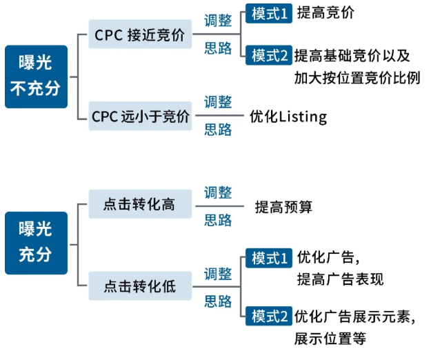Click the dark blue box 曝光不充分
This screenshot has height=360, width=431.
[36, 77]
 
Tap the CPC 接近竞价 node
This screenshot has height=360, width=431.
[140, 35]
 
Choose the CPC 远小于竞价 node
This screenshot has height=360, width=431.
[140, 117]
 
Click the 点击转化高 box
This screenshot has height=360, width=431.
[140, 205]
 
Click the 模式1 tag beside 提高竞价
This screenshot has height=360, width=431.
[268, 14]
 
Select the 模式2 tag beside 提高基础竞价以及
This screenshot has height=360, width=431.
[268, 56]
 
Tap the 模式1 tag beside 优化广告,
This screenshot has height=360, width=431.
[268, 258]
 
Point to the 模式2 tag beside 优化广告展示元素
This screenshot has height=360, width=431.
[268, 317]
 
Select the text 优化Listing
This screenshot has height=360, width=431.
[288, 117]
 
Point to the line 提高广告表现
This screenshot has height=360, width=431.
[340, 279]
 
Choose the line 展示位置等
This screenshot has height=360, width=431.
[330, 338]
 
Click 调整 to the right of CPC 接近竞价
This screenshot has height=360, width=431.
[218, 21]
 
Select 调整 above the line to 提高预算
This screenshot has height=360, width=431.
[218, 192]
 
